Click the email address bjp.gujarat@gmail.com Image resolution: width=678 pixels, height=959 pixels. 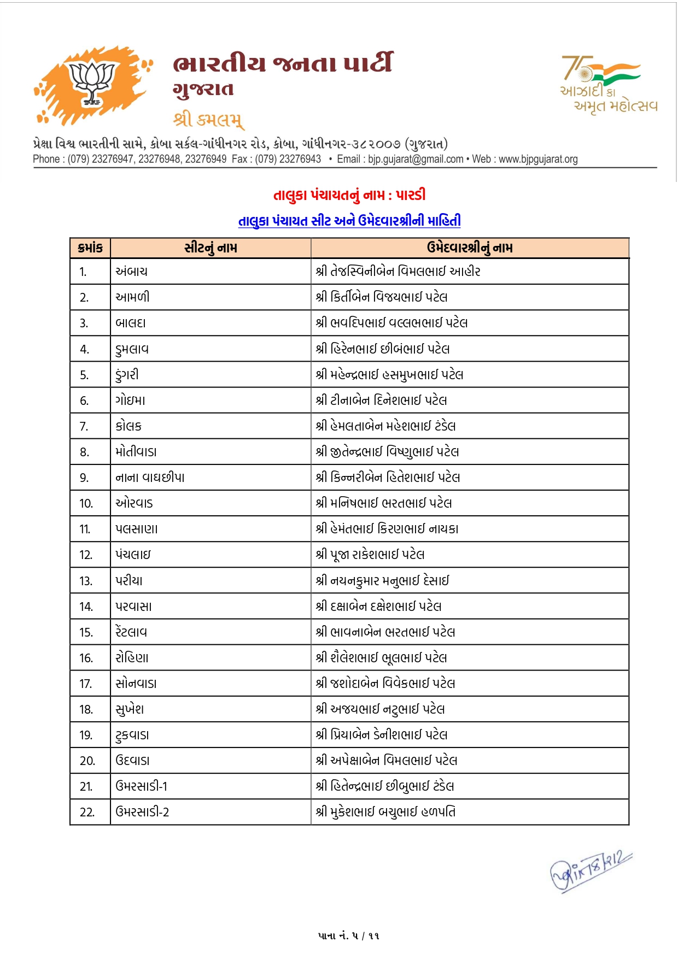pyautogui.click(x=416, y=159)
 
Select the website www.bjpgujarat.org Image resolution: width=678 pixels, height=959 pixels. pyautogui.click(x=538, y=159)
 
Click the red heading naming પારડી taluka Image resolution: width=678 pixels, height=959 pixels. pyautogui.click(x=349, y=195)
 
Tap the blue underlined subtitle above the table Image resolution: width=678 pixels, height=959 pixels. pyautogui.click(x=349, y=221)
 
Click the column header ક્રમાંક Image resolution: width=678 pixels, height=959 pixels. pyautogui.click(x=90, y=248)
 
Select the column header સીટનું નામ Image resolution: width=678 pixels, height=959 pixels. pyautogui.click(x=211, y=248)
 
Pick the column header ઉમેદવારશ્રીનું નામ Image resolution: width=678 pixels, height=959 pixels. pyautogui.click(x=470, y=248)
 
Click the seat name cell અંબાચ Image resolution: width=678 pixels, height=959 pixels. pyautogui.click(x=131, y=272)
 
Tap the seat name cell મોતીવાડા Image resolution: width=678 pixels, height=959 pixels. pyautogui.click(x=136, y=452)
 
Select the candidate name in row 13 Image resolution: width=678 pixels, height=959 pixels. pyautogui.click(x=382, y=581)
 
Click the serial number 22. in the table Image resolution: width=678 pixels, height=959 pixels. pyautogui.click(x=87, y=813)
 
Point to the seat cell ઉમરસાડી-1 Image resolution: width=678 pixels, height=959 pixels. pyautogui.click(x=142, y=786)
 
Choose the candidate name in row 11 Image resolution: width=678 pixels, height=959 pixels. pyautogui.click(x=387, y=529)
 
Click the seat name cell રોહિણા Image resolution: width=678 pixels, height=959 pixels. pyautogui.click(x=132, y=658)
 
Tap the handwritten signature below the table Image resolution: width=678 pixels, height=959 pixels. pyautogui.click(x=591, y=871)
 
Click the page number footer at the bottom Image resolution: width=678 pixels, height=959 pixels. pyautogui.click(x=348, y=936)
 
